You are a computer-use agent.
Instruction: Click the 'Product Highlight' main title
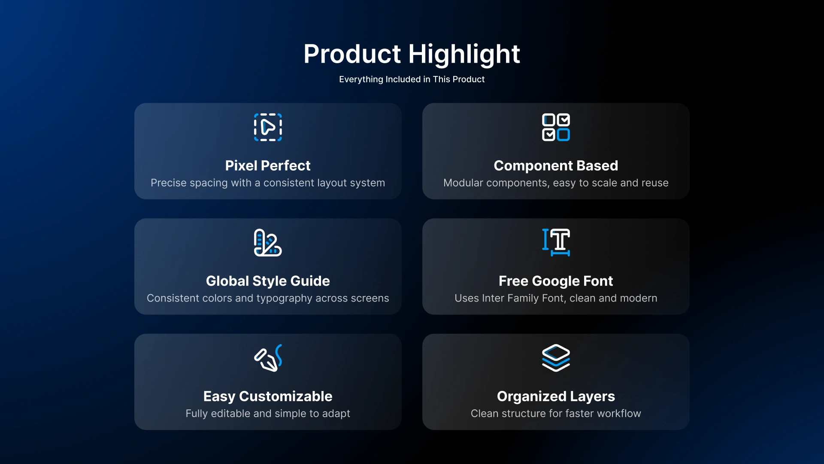click(412, 54)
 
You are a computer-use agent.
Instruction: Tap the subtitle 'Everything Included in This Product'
click(412, 79)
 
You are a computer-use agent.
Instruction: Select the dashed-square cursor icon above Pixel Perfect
click(268, 127)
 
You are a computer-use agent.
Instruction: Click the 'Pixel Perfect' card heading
click(268, 165)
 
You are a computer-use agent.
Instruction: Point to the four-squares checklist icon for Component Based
click(556, 127)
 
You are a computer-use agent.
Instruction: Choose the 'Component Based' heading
click(556, 165)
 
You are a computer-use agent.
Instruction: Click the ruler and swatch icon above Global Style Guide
click(268, 243)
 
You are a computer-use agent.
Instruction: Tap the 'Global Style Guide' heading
click(268, 281)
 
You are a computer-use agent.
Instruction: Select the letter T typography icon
click(556, 243)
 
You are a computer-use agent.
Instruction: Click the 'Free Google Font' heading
click(556, 281)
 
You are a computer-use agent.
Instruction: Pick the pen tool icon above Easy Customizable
click(268, 358)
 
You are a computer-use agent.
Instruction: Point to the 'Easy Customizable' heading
click(268, 396)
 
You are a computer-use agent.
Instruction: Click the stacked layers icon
click(556, 358)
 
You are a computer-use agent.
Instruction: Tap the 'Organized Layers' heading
click(556, 396)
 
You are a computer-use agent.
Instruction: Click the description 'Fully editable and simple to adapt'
click(268, 413)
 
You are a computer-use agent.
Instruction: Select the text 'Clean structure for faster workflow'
click(556, 413)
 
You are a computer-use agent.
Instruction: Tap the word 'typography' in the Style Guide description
click(284, 299)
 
